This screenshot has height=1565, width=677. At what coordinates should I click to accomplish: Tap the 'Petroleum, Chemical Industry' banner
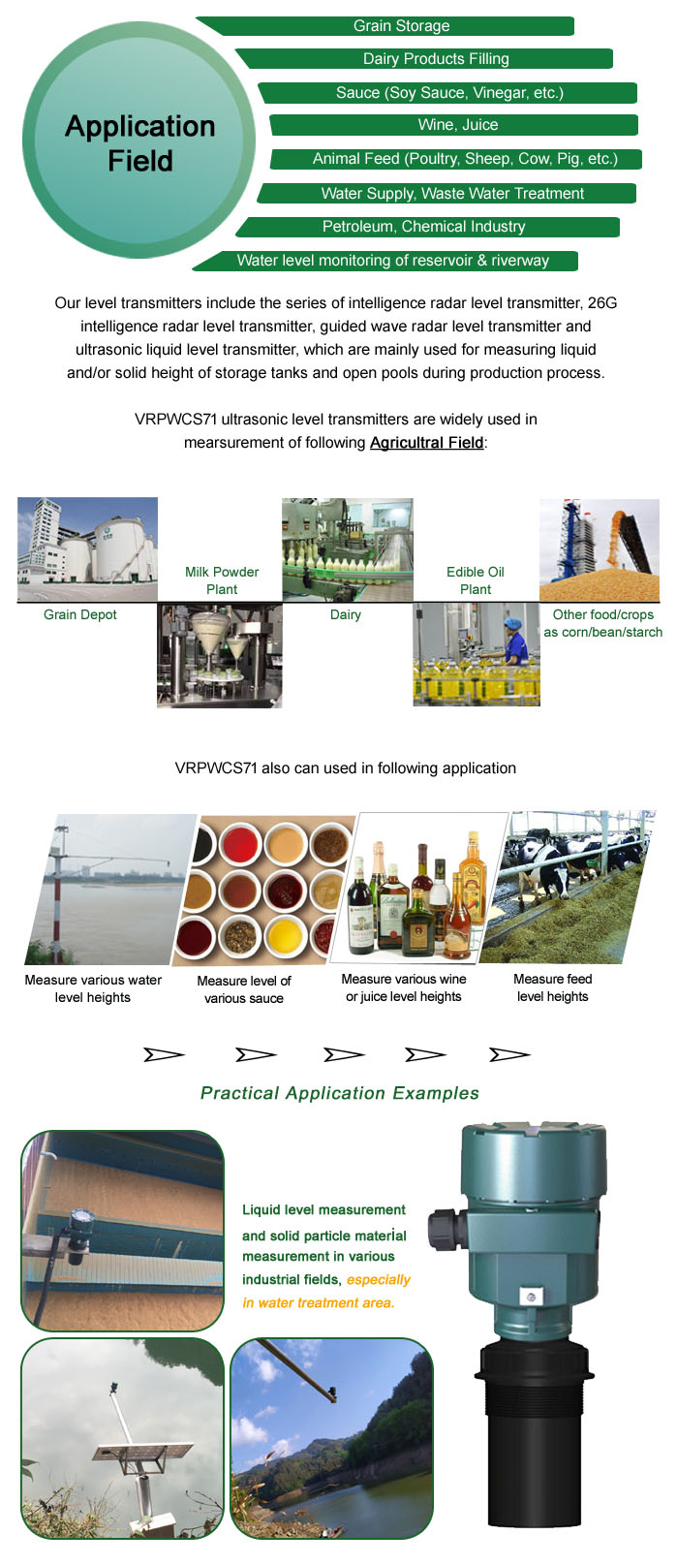(x=427, y=227)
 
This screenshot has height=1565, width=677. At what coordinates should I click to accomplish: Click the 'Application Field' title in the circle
(x=140, y=143)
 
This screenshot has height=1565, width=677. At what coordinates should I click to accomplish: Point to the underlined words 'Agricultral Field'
(x=426, y=443)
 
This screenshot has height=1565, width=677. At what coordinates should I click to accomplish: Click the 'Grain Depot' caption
(x=80, y=614)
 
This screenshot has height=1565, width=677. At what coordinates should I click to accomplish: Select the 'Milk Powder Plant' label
(x=222, y=580)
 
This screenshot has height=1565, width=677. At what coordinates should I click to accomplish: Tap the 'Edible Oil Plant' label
(x=476, y=580)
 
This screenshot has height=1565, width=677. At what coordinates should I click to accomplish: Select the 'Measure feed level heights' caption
(x=553, y=987)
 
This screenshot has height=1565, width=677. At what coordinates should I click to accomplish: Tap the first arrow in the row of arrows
(x=164, y=1054)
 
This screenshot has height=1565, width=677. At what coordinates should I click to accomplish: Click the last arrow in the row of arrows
(x=510, y=1054)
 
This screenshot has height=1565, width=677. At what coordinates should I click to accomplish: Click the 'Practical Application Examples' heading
(x=340, y=1093)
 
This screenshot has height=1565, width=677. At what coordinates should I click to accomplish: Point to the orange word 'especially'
(x=379, y=1280)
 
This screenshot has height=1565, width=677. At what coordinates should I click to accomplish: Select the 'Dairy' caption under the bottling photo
(x=346, y=614)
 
